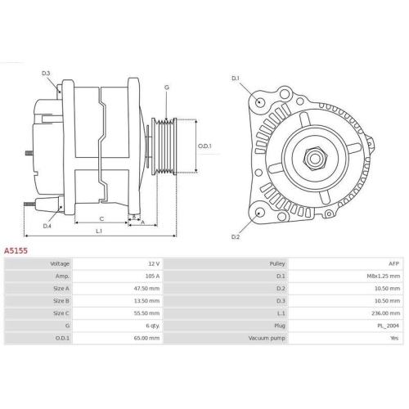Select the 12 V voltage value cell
pos(154,264)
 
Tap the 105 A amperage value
pos(151,277)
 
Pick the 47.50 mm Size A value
pos(147,290)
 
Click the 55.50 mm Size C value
pos(147,313)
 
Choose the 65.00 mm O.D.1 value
pos(147,338)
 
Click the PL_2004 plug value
pos(388,326)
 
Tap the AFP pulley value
pos(393,264)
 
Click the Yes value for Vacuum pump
pos(394,338)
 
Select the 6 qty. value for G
pos(151,326)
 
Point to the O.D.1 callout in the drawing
pos(205,147)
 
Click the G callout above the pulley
pos(167,88)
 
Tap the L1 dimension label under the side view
pos(99,231)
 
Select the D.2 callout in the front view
pos(235,237)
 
